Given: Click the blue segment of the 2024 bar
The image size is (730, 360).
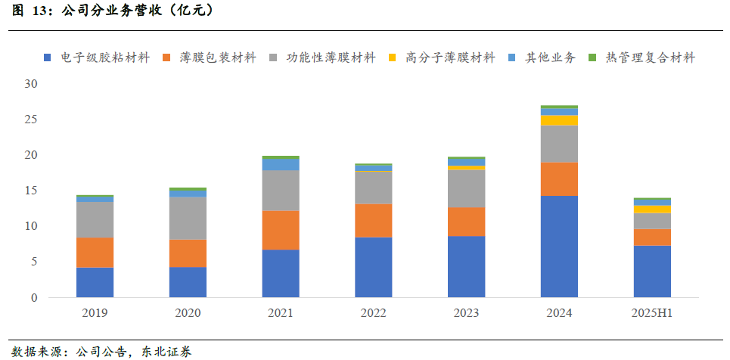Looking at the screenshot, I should pyautogui.click(x=559, y=247).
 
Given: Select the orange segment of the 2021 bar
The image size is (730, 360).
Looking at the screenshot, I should pyautogui.click(x=281, y=230).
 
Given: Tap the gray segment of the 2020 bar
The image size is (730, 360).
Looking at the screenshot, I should pyautogui.click(x=188, y=218).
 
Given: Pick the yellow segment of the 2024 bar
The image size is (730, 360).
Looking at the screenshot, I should pyautogui.click(x=559, y=120).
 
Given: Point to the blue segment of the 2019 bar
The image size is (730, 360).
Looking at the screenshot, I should pyautogui.click(x=95, y=282).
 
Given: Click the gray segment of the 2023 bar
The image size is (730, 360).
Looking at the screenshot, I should pyautogui.click(x=466, y=188).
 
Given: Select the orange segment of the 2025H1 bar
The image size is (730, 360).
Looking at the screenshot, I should pyautogui.click(x=652, y=237).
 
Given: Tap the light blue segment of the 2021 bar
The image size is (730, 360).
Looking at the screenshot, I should pyautogui.click(x=281, y=164).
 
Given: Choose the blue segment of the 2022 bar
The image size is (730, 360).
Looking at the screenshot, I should pyautogui.click(x=374, y=267).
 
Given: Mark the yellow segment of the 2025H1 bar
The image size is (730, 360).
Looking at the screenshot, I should pyautogui.click(x=652, y=209).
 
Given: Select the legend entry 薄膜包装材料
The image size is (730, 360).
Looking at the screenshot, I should pyautogui.click(x=210, y=57).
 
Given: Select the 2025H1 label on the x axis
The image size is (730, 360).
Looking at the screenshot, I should pyautogui.click(x=652, y=313).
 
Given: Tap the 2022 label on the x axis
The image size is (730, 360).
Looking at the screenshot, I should pyautogui.click(x=374, y=313).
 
